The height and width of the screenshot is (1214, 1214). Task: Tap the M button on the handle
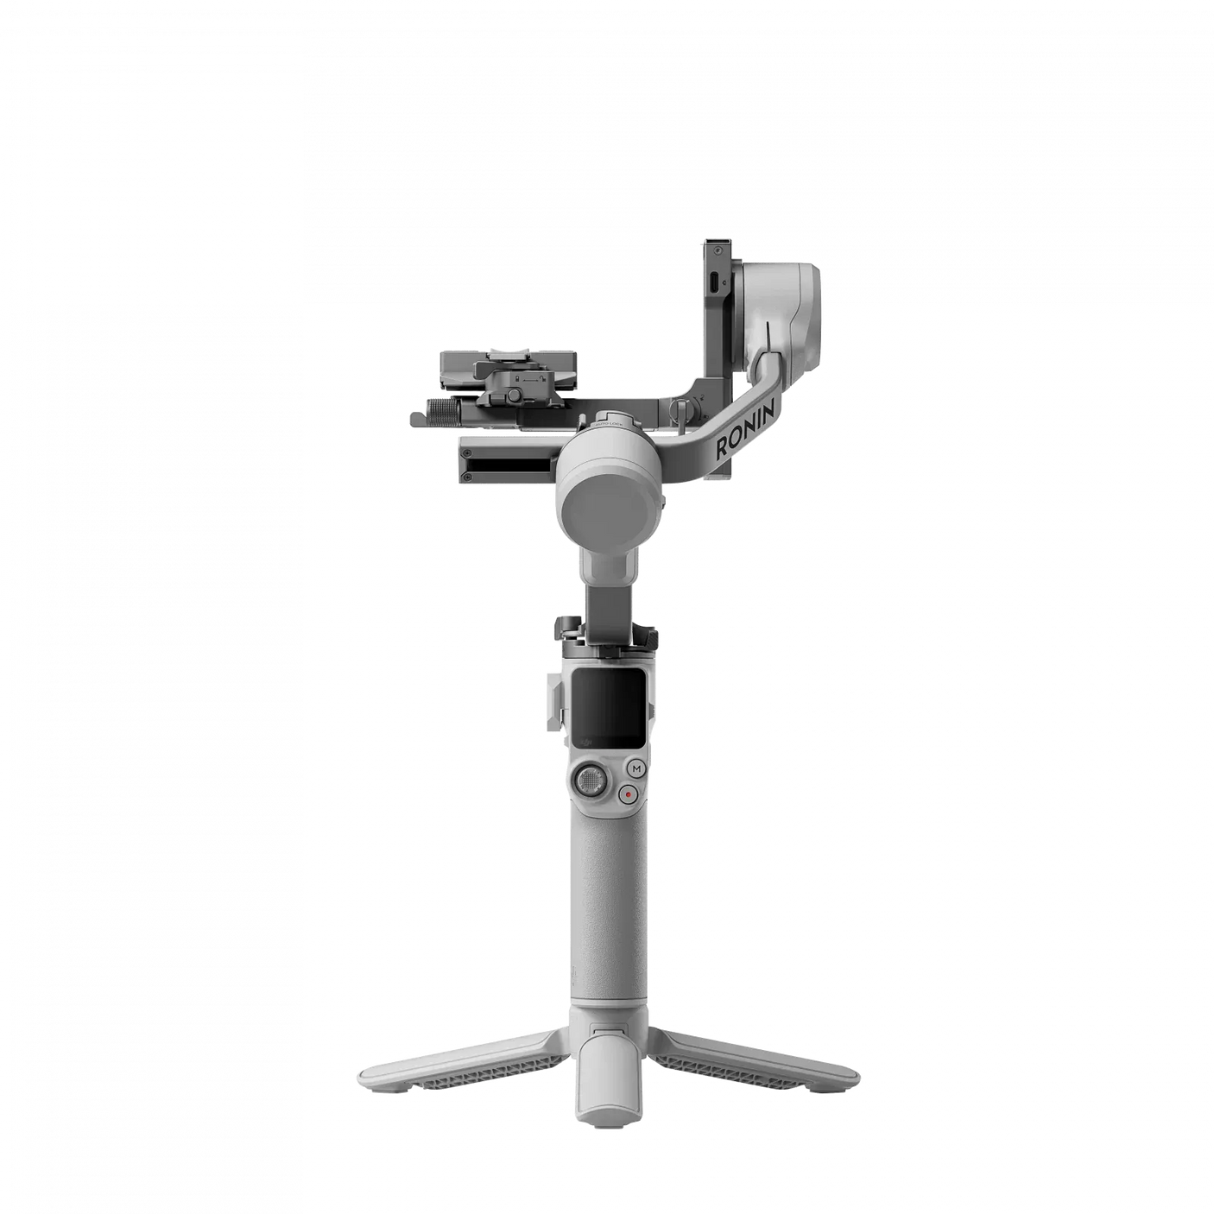636,768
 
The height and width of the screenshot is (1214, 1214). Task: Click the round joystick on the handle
590,781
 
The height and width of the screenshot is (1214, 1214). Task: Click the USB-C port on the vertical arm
713,281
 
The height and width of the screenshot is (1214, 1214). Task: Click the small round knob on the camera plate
515,395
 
